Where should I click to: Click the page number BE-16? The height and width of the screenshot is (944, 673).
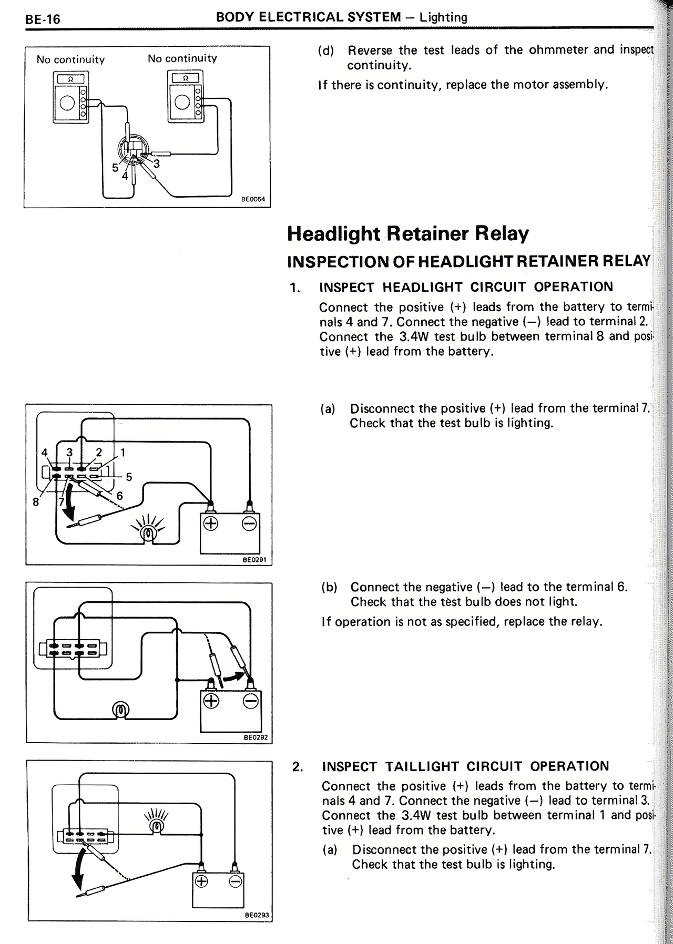pyautogui.click(x=43, y=20)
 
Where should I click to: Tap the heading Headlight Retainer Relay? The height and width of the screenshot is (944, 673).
pyautogui.click(x=407, y=233)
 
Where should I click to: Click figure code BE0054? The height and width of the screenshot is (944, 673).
pyautogui.click(x=253, y=200)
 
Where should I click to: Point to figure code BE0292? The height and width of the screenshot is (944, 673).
pyautogui.click(x=256, y=737)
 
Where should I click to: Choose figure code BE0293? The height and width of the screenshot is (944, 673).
pyautogui.click(x=257, y=916)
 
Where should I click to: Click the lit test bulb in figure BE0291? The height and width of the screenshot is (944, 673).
pyautogui.click(x=148, y=533)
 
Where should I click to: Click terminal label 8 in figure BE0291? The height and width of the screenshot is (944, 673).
pyautogui.click(x=36, y=502)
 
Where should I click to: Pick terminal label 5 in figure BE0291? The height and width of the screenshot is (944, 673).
pyautogui.click(x=128, y=477)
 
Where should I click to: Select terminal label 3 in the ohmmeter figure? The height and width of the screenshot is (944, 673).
pyautogui.click(x=156, y=164)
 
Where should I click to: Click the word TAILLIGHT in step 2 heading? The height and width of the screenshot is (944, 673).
pyautogui.click(x=423, y=766)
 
